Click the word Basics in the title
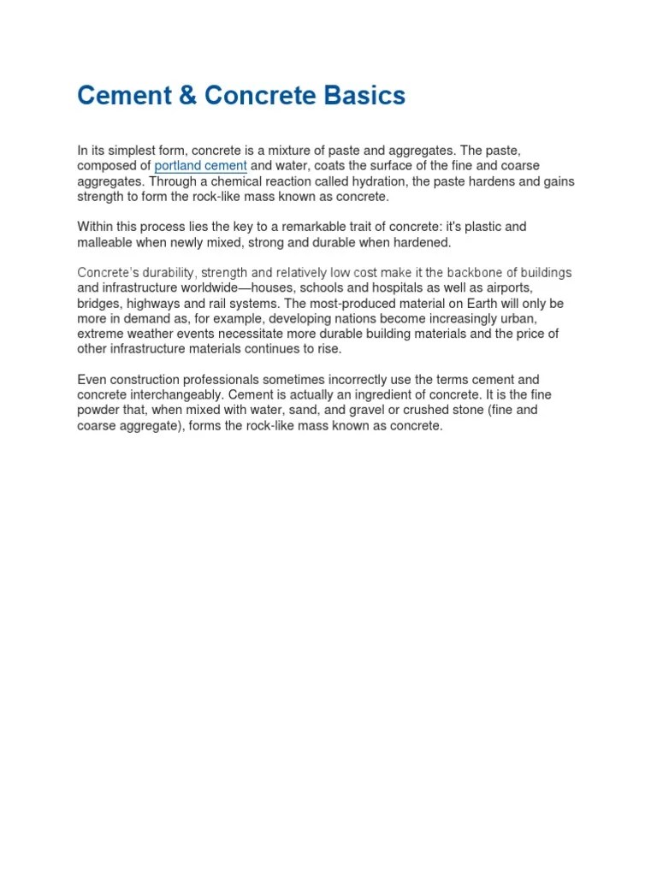tap(362, 96)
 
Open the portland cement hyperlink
tap(201, 165)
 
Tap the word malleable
tap(107, 242)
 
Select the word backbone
tap(476, 273)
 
